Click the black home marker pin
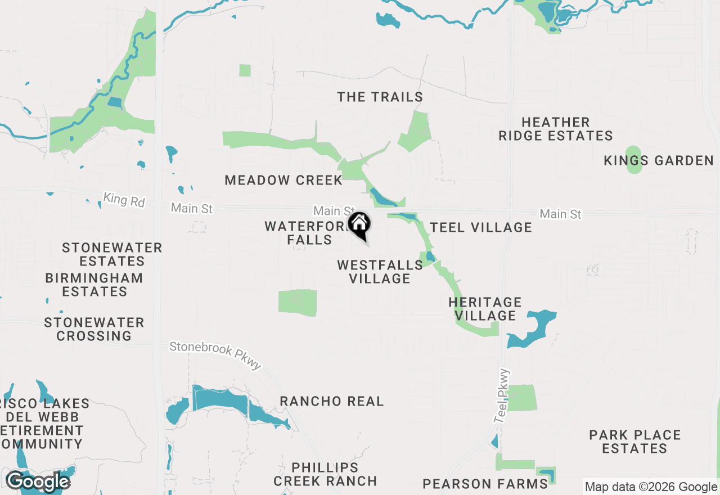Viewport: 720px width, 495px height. pyautogui.click(x=359, y=226)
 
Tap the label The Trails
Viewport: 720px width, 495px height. pyautogui.click(x=380, y=97)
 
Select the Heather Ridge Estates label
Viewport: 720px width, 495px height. pyautogui.click(x=555, y=129)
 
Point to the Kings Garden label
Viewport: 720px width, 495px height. pyautogui.click(x=658, y=161)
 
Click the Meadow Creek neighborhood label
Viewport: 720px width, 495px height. pyautogui.click(x=283, y=181)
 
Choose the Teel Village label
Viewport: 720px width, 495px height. pyautogui.click(x=481, y=227)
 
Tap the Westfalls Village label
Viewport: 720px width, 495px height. pyautogui.click(x=380, y=272)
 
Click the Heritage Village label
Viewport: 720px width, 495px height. pyautogui.click(x=485, y=309)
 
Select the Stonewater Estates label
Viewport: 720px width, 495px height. pyautogui.click(x=112, y=254)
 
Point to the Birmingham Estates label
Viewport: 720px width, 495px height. pyautogui.click(x=94, y=285)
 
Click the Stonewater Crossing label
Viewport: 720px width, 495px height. pyautogui.click(x=94, y=329)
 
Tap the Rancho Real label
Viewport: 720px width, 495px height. pyautogui.click(x=332, y=402)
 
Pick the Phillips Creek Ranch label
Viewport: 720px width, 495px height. pyautogui.click(x=325, y=474)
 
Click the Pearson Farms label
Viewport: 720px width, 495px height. pyautogui.click(x=485, y=484)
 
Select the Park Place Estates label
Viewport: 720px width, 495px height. pyautogui.click(x=635, y=442)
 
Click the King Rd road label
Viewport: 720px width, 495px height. pyautogui.click(x=124, y=200)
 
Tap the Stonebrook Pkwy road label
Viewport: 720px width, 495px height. pyautogui.click(x=216, y=356)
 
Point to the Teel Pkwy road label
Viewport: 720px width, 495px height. pyautogui.click(x=502, y=396)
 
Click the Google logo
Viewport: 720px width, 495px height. pyautogui.click(x=38, y=482)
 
